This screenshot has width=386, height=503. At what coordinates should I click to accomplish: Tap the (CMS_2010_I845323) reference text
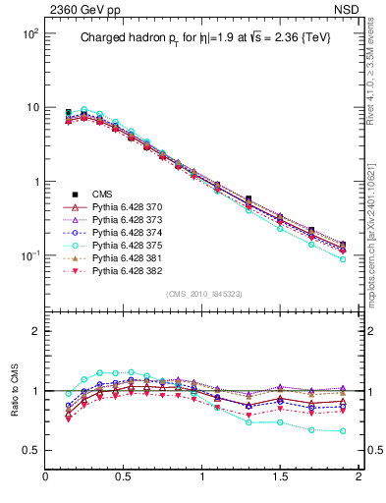(202, 293)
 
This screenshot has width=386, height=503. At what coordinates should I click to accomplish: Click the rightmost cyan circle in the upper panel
(343, 259)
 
